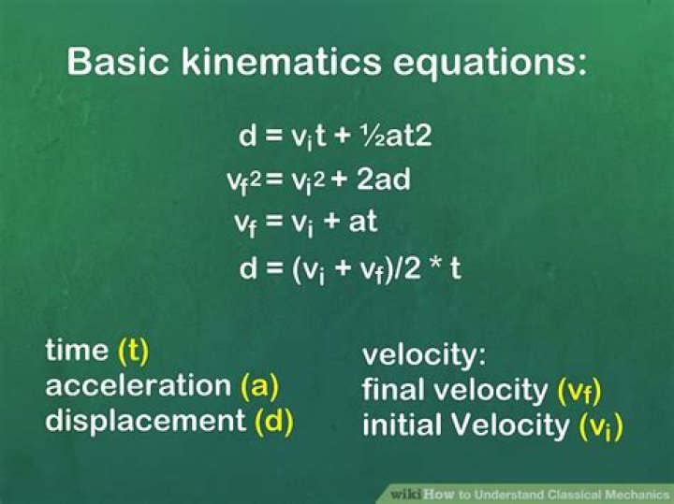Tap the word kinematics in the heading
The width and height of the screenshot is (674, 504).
281,61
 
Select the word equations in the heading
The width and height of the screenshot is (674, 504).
490,64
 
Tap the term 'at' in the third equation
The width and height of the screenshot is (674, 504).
363,222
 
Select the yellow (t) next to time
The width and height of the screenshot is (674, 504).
133,351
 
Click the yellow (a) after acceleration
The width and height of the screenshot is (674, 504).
259,386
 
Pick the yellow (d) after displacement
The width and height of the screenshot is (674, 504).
274,421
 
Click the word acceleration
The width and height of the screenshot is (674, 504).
139,385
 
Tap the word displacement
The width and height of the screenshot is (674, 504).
146,421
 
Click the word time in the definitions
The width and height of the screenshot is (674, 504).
77,350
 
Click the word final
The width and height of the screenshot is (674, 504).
394,389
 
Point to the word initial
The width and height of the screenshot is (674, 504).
403,425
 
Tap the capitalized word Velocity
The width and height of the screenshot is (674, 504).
510,425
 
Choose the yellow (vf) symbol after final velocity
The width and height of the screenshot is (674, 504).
579,392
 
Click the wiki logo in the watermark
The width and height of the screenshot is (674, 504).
406,494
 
